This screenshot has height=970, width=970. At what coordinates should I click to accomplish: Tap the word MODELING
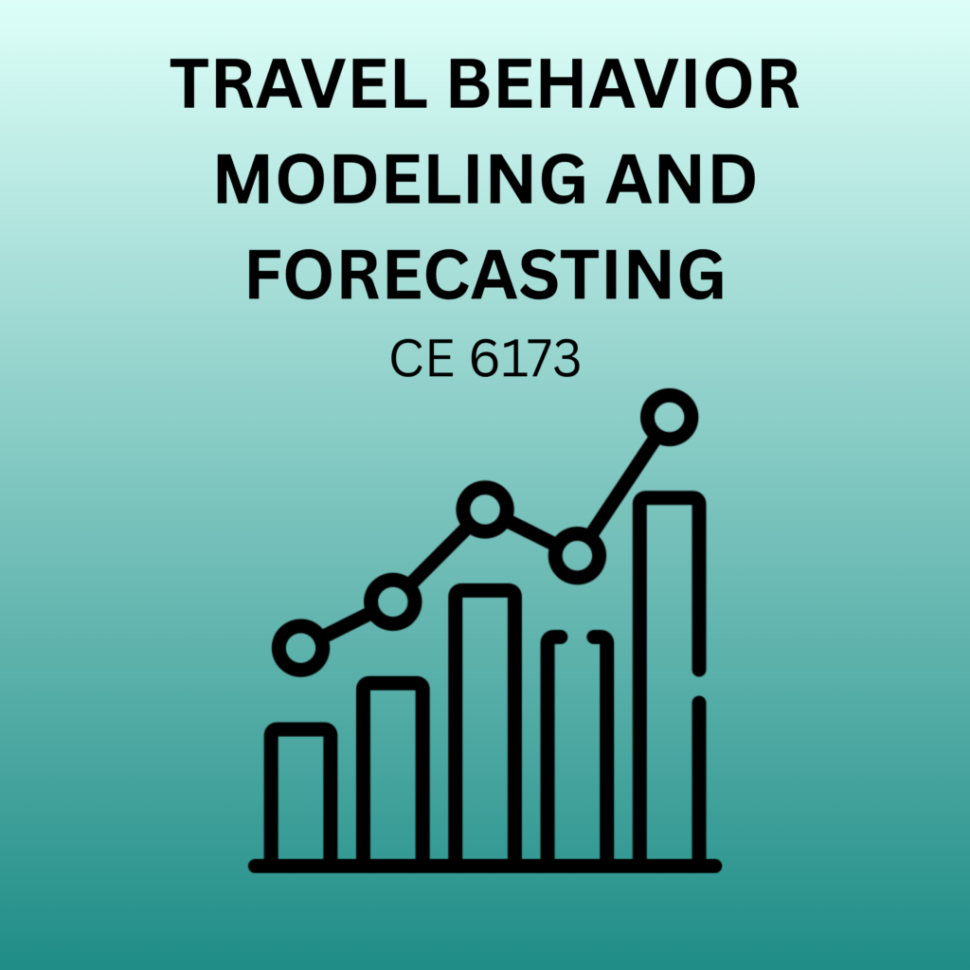[x=401, y=178]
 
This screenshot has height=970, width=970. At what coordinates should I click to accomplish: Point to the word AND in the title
[x=680, y=178]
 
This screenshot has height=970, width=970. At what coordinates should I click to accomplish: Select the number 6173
[x=525, y=358]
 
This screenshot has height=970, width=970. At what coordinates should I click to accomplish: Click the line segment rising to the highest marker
[x=623, y=486]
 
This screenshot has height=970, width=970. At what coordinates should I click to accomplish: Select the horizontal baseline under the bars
[x=485, y=866]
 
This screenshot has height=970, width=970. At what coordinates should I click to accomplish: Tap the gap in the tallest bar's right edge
[x=699, y=686]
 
